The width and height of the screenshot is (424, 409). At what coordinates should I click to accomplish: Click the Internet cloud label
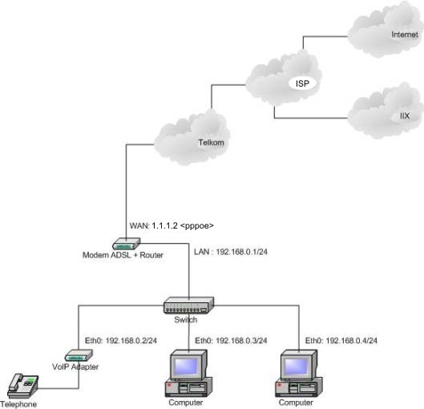[405, 34]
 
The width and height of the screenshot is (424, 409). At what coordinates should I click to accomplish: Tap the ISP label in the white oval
[302, 83]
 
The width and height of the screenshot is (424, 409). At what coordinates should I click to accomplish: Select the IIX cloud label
[405, 116]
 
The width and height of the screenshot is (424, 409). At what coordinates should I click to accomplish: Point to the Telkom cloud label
[211, 143]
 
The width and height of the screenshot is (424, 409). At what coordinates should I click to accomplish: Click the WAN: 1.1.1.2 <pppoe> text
[172, 225]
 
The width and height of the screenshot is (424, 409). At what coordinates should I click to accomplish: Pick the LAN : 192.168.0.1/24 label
[231, 252]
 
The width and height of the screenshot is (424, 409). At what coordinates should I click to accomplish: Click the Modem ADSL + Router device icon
[127, 244]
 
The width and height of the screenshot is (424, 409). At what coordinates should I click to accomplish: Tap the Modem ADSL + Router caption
[123, 255]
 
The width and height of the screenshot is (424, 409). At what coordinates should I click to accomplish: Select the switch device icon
[188, 306]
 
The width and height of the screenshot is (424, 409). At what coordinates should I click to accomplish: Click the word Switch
[186, 320]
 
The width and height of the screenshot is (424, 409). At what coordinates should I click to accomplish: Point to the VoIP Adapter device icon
[79, 355]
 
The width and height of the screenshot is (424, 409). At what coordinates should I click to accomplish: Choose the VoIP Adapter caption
[75, 366]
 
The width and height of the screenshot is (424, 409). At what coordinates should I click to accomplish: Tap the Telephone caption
[18, 404]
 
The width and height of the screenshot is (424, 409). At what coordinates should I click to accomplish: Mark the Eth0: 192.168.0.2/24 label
[121, 341]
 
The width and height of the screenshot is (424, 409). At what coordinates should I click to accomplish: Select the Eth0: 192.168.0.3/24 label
[231, 341]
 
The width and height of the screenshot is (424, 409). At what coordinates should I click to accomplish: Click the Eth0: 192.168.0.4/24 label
[341, 341]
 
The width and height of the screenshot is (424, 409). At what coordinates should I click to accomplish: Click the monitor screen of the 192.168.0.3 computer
[186, 366]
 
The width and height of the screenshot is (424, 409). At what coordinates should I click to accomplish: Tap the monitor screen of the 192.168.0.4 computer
[297, 366]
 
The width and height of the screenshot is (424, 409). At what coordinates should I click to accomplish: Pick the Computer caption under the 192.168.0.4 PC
[296, 403]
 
